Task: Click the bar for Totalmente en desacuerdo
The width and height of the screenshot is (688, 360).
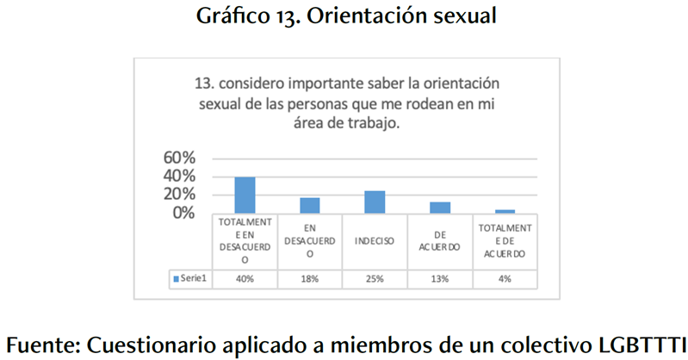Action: tap(245, 195)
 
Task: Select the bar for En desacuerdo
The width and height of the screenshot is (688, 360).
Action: tap(310, 205)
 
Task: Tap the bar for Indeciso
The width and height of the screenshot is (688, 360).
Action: tap(375, 202)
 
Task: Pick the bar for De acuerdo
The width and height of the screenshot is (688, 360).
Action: tap(440, 208)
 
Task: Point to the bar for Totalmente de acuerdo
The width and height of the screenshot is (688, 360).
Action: tap(505, 211)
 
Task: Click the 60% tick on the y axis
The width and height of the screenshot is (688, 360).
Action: tap(181, 158)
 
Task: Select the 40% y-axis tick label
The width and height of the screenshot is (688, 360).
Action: tap(181, 176)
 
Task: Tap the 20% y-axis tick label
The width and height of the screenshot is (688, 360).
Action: tap(181, 194)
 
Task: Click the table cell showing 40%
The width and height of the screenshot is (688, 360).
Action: tap(245, 278)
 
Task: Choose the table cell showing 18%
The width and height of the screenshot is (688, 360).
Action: tap(310, 278)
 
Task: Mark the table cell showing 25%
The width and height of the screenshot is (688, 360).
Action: tap(375, 278)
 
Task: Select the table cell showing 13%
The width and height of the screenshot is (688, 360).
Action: tap(440, 278)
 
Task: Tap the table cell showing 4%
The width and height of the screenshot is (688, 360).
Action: tap(505, 278)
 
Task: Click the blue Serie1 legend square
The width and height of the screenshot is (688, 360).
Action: tap(176, 278)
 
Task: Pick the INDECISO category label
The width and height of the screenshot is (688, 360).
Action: tap(375, 240)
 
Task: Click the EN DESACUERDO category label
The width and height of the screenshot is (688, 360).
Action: tap(310, 240)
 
